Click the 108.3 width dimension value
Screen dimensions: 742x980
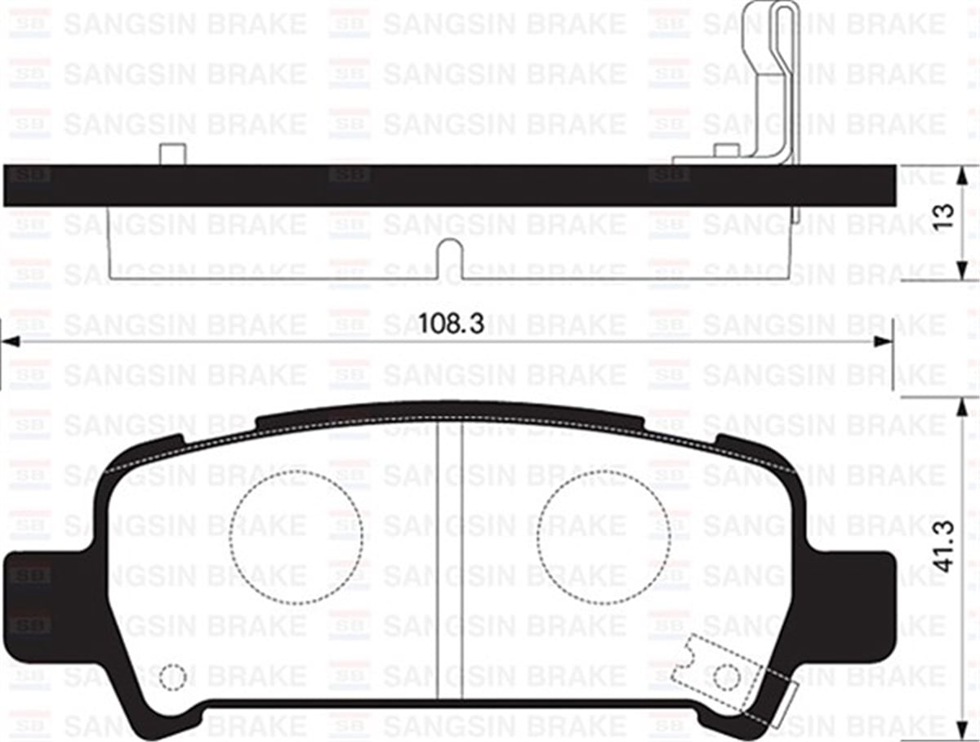tap(452, 323)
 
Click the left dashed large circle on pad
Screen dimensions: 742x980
tap(296, 538)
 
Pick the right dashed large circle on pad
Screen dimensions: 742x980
tap(604, 538)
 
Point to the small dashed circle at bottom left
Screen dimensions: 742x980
tap(172, 677)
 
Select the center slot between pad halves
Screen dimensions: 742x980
tap(449, 564)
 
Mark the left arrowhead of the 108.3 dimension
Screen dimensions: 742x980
tap(10, 342)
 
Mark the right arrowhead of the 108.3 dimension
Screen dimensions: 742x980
tap(884, 342)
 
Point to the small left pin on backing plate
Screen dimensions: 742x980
tap(171, 154)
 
